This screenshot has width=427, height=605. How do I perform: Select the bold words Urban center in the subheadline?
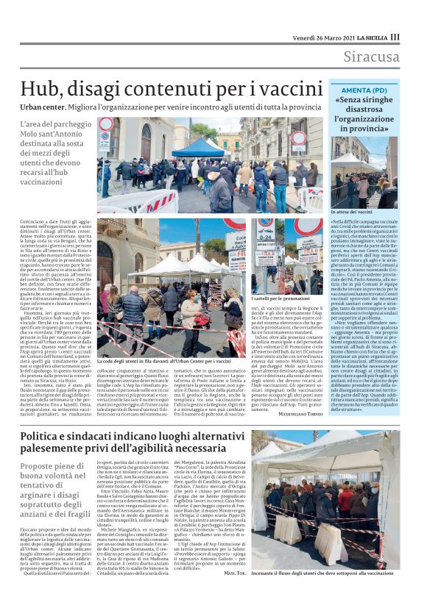click(x=44, y=107)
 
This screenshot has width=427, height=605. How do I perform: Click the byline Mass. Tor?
click(x=235, y=593)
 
